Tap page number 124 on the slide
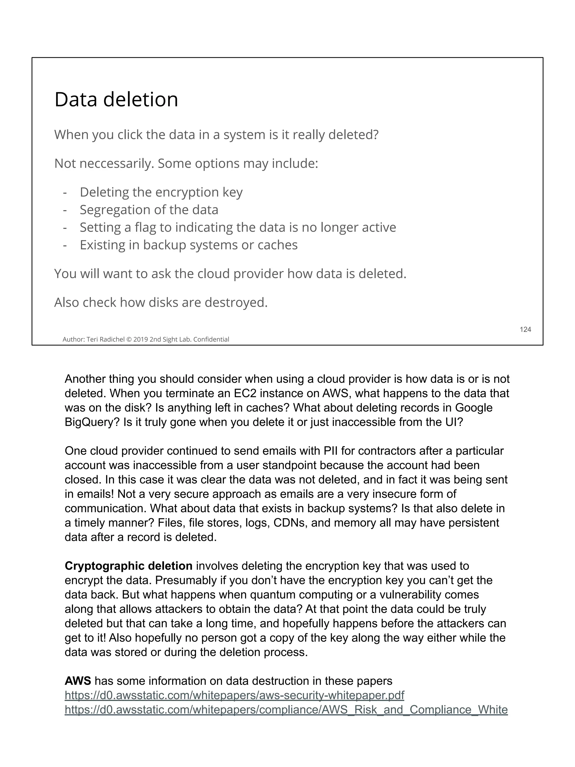pos(525,329)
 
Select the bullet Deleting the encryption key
pos(161,192)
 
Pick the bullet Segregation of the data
pos(149,210)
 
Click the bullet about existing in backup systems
pos(189,245)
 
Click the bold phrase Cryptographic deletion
pos(128,566)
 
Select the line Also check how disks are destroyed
pos(161,302)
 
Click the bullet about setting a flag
pos(238,227)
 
